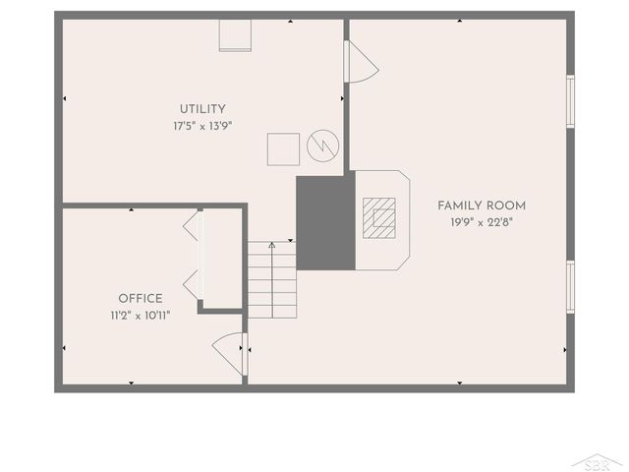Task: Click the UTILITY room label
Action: (x=202, y=109)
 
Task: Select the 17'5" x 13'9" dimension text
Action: (x=202, y=126)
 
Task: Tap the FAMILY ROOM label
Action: (x=482, y=206)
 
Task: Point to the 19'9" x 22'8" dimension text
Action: (x=482, y=222)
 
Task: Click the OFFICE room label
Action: (x=141, y=299)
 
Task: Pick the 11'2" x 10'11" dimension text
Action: (x=141, y=316)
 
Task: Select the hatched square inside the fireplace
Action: (x=378, y=217)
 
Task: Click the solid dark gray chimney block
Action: (x=325, y=223)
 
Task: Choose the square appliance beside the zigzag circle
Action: (x=284, y=149)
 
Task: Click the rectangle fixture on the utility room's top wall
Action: (x=236, y=34)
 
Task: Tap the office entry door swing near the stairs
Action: (x=230, y=350)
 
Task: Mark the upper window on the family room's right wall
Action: (x=570, y=101)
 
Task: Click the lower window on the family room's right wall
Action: (x=570, y=285)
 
